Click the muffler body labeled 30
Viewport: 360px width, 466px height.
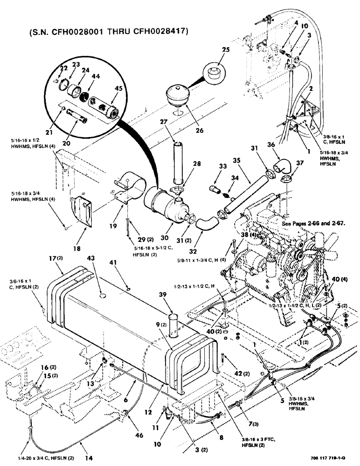click(161, 203)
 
